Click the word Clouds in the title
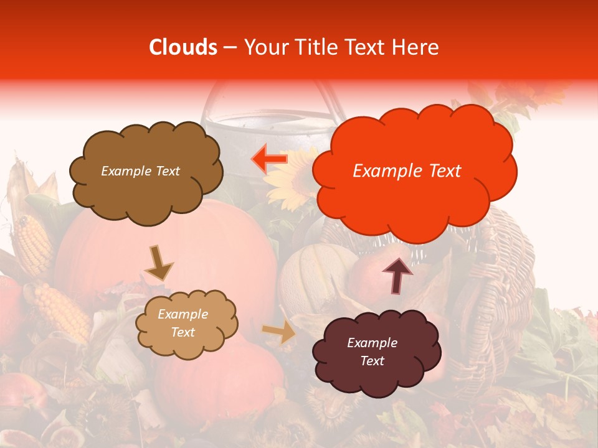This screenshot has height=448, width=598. pos(183,47)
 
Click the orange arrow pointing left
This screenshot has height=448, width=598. pos(269,159)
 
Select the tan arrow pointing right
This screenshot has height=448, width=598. pos(280,332)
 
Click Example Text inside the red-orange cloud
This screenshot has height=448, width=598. pos(407,171)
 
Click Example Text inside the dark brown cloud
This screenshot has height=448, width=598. pos(140,171)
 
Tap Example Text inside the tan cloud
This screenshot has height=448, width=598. pos(183,324)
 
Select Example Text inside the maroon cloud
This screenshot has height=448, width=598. pos(372,352)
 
